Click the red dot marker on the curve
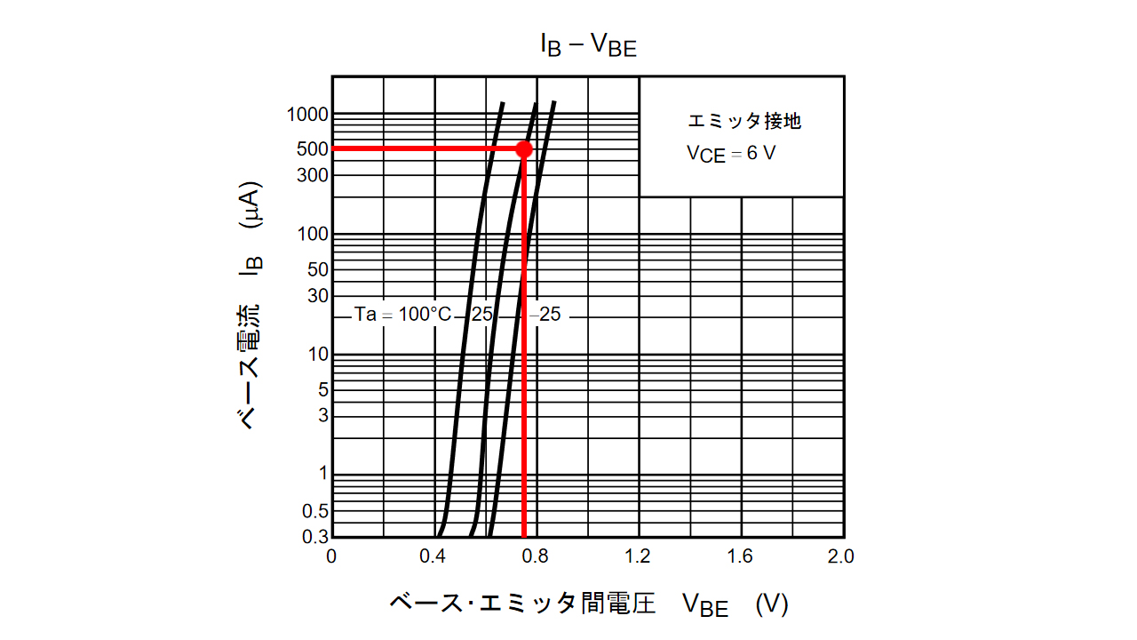(x=524, y=149)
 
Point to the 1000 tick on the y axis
(x=307, y=115)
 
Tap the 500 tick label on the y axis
(x=314, y=149)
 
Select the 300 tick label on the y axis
(x=314, y=175)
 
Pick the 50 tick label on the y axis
(x=318, y=269)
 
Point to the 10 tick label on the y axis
(x=318, y=355)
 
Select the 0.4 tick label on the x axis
(x=433, y=556)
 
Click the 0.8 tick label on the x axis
(x=536, y=556)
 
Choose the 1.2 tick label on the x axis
(x=638, y=556)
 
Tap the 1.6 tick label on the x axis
(x=740, y=556)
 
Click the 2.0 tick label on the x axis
(x=840, y=556)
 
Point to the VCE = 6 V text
(x=730, y=153)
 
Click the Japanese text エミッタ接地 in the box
(x=744, y=121)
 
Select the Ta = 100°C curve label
(x=402, y=315)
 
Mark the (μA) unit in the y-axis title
(x=251, y=206)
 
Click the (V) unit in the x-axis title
(x=771, y=604)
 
